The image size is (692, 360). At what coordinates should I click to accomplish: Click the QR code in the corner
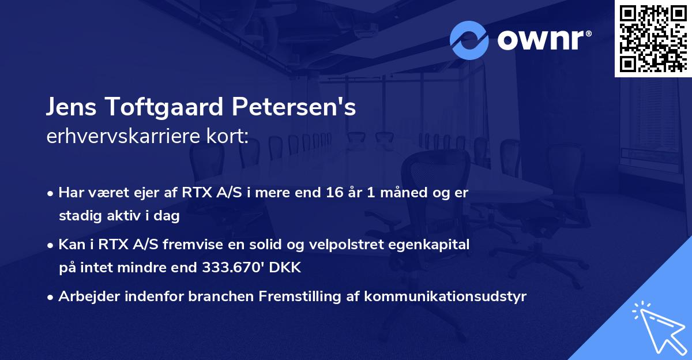[653, 38]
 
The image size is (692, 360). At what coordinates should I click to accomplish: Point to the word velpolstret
[340, 245]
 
